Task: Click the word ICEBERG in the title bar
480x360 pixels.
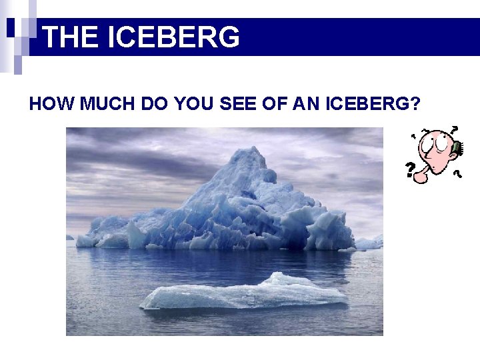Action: pyautogui.click(x=173, y=37)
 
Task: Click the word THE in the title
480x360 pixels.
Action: pyautogui.click(x=70, y=37)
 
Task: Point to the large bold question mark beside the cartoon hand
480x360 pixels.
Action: pyautogui.click(x=411, y=169)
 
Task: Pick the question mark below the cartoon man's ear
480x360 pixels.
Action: pyautogui.click(x=458, y=173)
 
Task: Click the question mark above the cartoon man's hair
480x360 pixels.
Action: pyautogui.click(x=454, y=129)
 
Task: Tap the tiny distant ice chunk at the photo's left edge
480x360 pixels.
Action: pyautogui.click(x=69, y=237)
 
